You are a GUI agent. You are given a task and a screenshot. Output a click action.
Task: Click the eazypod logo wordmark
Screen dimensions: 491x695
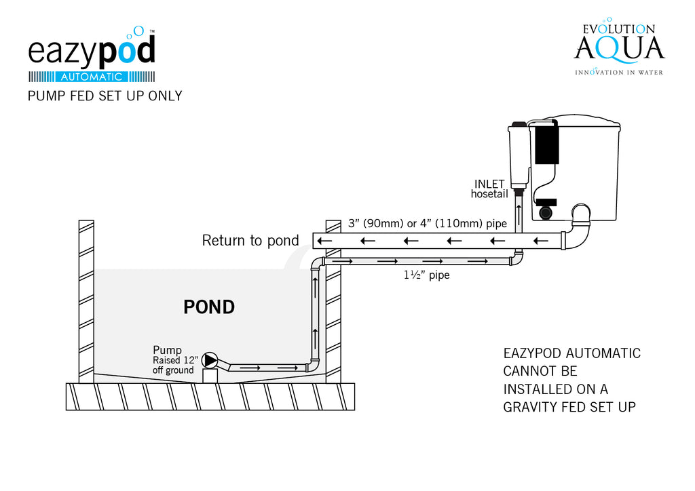point(91,51)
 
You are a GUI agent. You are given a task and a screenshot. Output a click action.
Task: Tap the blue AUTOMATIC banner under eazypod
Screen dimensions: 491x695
point(92,77)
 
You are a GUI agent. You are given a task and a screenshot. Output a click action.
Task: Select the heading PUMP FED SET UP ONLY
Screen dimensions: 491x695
point(105,96)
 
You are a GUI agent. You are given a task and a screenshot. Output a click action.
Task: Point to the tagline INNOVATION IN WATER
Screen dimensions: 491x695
point(618,72)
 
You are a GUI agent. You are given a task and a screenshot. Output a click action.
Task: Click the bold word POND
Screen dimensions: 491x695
point(209,307)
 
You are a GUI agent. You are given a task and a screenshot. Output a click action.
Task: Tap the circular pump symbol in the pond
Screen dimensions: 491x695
point(211,360)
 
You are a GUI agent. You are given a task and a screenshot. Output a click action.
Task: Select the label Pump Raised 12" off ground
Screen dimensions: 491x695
point(173,360)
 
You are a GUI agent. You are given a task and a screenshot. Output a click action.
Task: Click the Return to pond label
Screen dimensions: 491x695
point(250,240)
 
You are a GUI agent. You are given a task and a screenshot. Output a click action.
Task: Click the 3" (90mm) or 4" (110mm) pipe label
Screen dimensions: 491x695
point(427,223)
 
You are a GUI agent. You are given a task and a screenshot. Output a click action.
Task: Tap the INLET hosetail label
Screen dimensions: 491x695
point(489,189)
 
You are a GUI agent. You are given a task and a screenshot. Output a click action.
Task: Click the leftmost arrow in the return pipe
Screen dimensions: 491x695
point(325,241)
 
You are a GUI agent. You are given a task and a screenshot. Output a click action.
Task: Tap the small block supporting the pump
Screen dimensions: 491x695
point(211,375)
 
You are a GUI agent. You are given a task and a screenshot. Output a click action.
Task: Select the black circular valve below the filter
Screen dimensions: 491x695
point(545,212)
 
